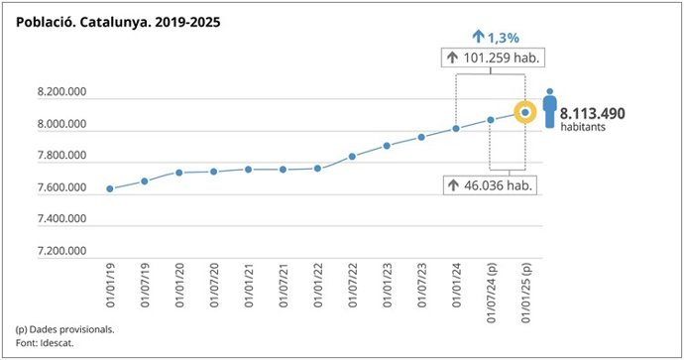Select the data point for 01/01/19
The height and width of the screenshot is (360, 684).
(x=110, y=188)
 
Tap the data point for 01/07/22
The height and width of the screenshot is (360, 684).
(x=352, y=157)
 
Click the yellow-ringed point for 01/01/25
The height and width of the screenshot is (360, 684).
(x=524, y=113)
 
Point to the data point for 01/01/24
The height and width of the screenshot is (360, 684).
(x=456, y=128)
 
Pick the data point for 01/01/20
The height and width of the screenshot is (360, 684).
(x=179, y=173)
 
